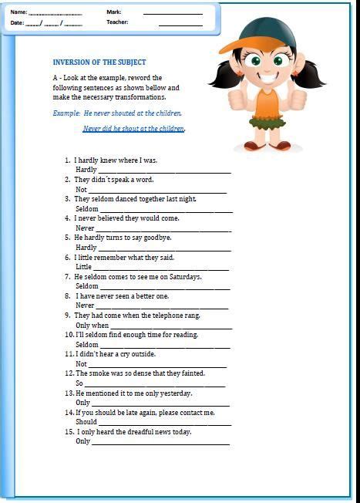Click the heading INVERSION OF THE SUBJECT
coord(99,62)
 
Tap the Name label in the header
coord(18,12)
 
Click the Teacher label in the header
coord(117,23)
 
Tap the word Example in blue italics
coord(66,113)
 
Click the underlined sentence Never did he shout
coord(133,129)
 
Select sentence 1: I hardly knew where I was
coord(116,160)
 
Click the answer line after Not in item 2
coord(157,190)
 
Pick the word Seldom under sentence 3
coord(87,209)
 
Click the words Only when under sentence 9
coord(92,326)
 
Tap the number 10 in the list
coord(69,335)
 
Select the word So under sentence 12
coord(79,383)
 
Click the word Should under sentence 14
coord(86,422)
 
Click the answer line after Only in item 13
coord(160,403)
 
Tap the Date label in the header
coord(17,23)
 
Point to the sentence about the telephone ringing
coord(137,316)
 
